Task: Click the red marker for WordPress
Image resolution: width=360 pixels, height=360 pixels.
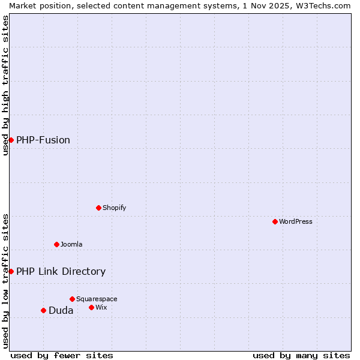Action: click(x=275, y=221)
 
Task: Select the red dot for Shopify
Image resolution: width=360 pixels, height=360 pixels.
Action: click(x=98, y=208)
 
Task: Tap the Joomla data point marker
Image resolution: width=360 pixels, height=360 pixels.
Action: click(x=56, y=244)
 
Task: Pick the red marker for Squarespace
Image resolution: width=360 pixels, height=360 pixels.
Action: click(x=72, y=299)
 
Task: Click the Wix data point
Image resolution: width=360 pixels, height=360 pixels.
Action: click(x=91, y=307)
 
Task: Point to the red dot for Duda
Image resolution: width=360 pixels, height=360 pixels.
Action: click(x=43, y=310)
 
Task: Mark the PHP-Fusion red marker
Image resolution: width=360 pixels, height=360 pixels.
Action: click(x=11, y=140)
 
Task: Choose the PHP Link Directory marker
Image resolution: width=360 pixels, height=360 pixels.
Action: click(x=11, y=271)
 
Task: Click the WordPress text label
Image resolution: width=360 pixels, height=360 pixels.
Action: click(x=296, y=221)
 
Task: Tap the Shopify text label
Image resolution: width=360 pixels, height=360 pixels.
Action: click(x=114, y=208)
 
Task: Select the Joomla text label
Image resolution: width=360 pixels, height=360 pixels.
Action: click(x=71, y=244)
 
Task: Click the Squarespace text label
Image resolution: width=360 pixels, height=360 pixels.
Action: click(x=97, y=299)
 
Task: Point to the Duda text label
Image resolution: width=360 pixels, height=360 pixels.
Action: click(x=61, y=310)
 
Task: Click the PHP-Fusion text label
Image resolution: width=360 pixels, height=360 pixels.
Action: click(x=43, y=140)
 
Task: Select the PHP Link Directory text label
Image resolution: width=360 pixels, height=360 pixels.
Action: click(x=61, y=271)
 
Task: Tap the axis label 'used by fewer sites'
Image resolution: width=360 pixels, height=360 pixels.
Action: click(x=62, y=355)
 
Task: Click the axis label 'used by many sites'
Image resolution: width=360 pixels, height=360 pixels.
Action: click(x=301, y=355)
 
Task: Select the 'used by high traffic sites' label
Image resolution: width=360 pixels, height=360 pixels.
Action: click(x=5, y=85)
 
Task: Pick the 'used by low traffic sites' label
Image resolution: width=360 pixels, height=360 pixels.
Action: click(x=5, y=280)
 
